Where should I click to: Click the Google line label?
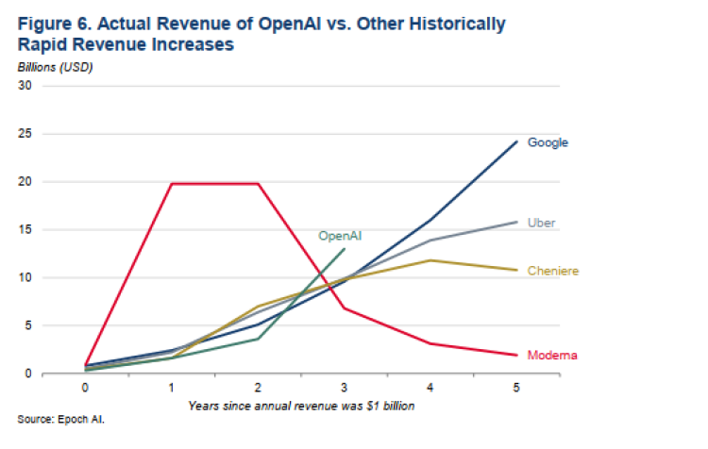(x=548, y=142)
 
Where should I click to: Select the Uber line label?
(x=541, y=224)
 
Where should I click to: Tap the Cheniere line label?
(x=552, y=272)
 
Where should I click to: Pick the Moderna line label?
(x=552, y=356)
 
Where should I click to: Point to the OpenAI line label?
(x=340, y=236)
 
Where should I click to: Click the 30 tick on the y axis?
(x=25, y=86)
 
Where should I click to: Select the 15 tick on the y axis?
(x=25, y=229)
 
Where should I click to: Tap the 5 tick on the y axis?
(x=28, y=325)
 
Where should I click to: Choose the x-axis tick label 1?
(x=172, y=387)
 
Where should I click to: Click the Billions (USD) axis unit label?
(x=55, y=67)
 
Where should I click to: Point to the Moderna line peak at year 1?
(x=172, y=184)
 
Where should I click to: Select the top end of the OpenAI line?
(x=346, y=249)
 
